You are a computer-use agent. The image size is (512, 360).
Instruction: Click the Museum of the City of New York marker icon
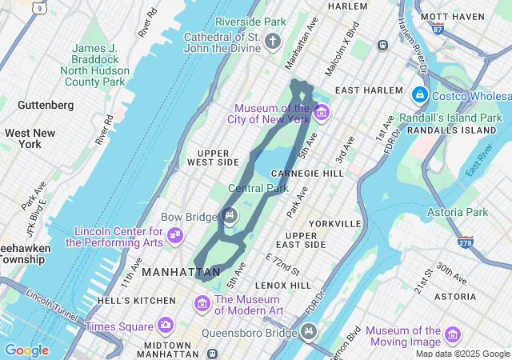click(x=322, y=111)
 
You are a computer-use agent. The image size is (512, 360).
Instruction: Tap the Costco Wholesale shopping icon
click(x=418, y=95)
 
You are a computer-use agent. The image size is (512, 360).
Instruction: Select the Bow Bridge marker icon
click(x=230, y=216)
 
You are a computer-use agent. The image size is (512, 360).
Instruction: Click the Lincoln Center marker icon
click(x=174, y=236)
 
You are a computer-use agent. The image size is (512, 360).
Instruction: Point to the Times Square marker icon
click(x=166, y=326)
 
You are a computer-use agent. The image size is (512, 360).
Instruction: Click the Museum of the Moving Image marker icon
click(x=454, y=334)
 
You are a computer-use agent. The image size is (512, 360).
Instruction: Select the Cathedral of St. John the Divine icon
click(x=273, y=41)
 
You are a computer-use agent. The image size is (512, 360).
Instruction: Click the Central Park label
click(x=258, y=189)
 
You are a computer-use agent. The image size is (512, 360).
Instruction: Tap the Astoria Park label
click(x=457, y=212)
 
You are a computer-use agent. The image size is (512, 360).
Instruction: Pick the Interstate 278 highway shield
click(x=465, y=242)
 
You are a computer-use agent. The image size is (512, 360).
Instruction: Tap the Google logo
click(x=26, y=350)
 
